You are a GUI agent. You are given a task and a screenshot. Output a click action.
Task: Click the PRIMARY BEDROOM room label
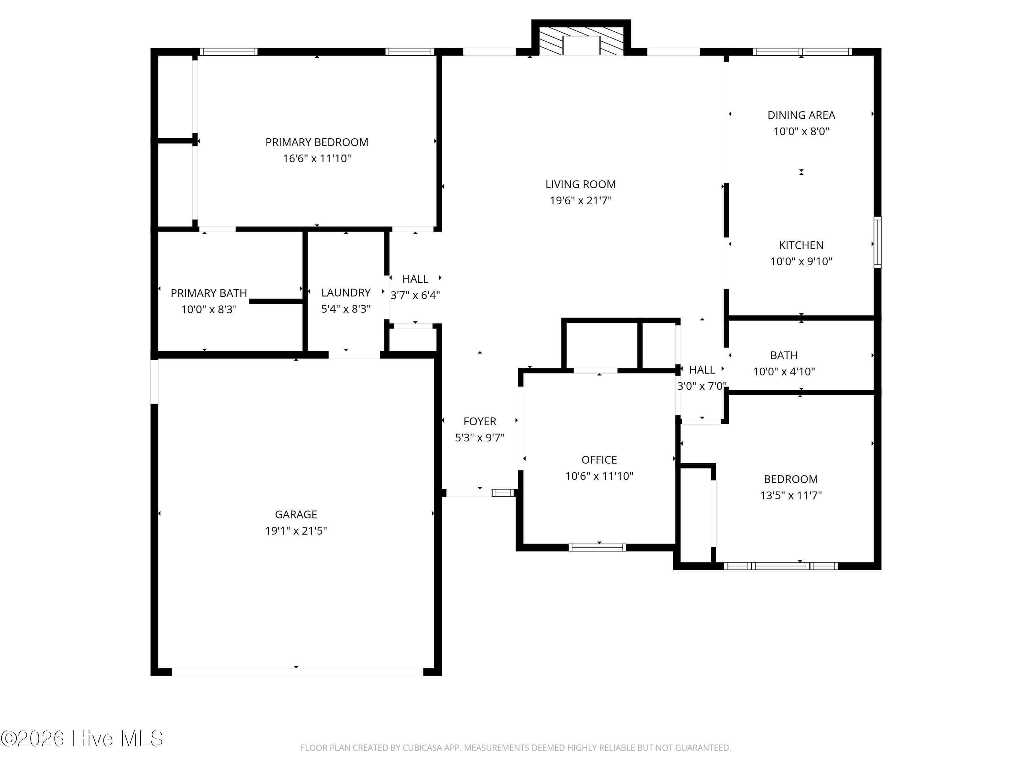pos(317,142)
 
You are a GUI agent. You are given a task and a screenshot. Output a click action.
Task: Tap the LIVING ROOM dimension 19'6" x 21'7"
pos(580,201)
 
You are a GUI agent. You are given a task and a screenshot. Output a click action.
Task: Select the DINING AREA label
pos(801,115)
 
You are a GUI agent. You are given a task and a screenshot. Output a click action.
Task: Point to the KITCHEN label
pos(801,245)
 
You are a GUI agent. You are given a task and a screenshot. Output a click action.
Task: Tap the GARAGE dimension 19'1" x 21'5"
pos(296,531)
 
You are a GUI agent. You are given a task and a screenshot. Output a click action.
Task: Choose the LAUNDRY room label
pos(346,293)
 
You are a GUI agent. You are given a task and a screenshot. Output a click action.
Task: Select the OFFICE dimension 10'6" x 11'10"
pos(599,476)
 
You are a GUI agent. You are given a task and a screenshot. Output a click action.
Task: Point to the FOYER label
pos(480,422)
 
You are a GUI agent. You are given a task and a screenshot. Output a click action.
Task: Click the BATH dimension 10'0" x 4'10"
pos(784,372)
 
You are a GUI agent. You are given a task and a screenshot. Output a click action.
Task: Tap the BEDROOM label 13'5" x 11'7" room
pos(791,480)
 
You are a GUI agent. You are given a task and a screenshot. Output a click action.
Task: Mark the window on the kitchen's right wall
pos(878,242)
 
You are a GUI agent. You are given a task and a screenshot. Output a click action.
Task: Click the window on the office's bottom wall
pos(597,548)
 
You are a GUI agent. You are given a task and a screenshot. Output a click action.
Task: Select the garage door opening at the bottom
pos(298,672)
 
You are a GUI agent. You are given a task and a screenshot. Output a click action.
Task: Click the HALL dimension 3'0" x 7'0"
pos(702,386)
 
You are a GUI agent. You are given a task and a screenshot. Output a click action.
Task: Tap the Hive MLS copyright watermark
pos(82,739)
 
